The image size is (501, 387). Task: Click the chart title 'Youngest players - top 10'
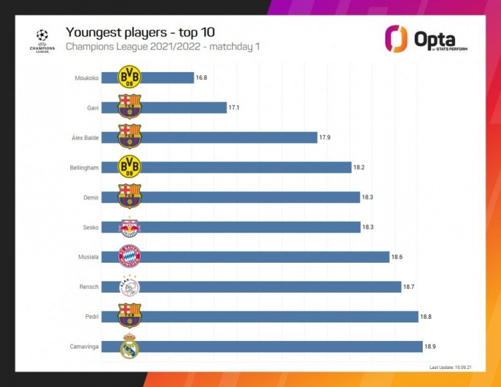140,32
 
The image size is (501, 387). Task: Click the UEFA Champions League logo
43,41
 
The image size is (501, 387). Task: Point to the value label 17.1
234,108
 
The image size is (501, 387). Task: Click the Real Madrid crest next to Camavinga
129,347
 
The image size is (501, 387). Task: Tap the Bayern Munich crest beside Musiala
129,257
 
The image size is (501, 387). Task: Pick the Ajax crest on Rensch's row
129,287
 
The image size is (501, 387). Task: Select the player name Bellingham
83,168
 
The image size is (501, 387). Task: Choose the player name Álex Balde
85,138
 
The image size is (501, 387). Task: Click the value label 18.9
431,347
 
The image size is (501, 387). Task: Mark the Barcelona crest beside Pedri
129,317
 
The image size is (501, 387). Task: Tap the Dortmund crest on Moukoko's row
129,78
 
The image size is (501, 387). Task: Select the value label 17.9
325,138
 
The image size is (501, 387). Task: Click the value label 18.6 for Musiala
397,257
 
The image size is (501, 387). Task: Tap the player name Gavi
92,108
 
